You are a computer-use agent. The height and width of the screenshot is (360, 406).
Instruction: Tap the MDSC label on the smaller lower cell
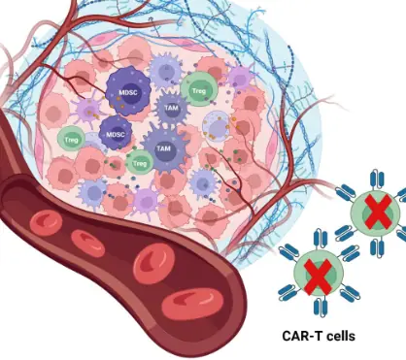coord(116,134)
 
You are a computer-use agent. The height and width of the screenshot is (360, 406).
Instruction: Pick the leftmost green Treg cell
coord(71,139)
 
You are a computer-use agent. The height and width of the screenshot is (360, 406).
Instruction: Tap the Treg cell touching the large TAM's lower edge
coord(140,164)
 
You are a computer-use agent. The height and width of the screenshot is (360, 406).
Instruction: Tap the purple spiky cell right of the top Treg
coord(237,78)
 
